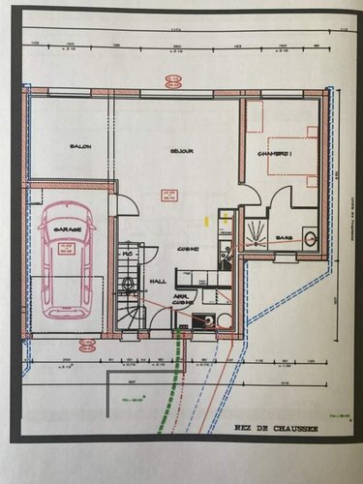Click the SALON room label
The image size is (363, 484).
[x=79, y=147]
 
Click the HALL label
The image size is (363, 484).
[x=159, y=282]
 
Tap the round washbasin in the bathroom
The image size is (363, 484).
[x=310, y=237]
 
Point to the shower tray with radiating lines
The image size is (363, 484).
[x=256, y=232]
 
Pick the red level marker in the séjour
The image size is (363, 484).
[x=169, y=197]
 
